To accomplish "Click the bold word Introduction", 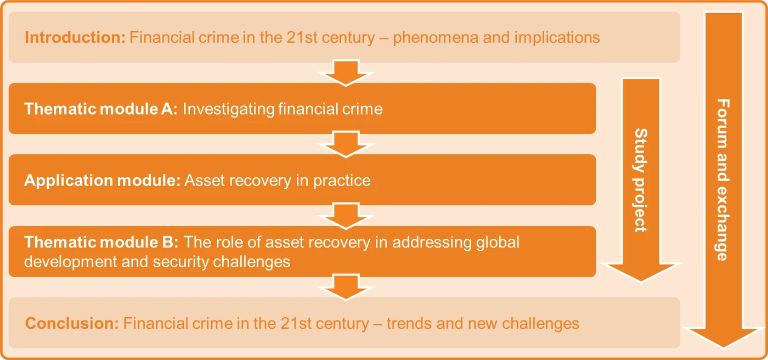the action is tap(75, 37).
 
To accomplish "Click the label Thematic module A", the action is tap(101, 109).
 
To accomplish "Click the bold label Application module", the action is tap(102, 181).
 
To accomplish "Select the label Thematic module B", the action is tap(101, 242).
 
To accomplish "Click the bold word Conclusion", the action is tap(72, 323).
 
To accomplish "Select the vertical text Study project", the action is tap(641, 180).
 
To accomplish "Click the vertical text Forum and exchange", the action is tap(723, 180).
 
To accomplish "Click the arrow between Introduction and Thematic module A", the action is tap(346, 72).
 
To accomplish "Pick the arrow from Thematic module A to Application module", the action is tap(346, 144).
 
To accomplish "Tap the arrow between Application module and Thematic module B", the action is tap(346, 216).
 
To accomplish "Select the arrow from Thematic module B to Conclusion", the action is tap(346, 288).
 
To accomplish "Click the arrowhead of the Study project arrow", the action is tap(641, 273).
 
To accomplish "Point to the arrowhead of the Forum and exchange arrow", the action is tap(724, 338).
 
